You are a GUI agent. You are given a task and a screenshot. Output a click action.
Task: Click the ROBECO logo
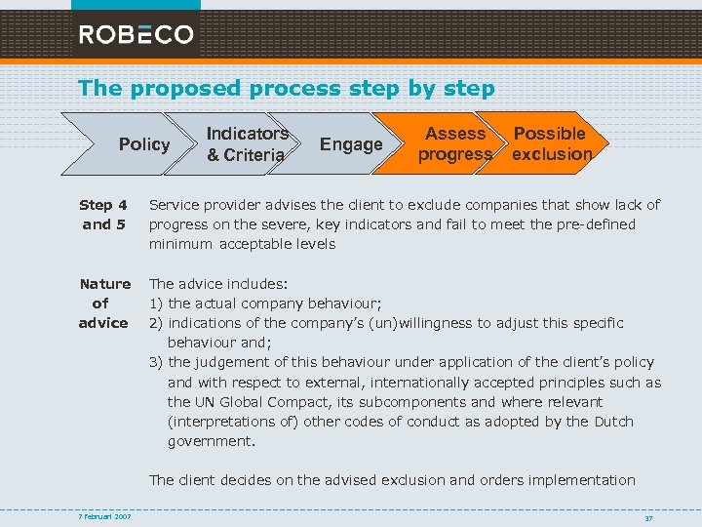coord(136,34)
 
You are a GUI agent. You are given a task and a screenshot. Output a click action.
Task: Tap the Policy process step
coord(144,144)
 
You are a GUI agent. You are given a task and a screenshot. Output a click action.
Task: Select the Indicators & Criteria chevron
coord(247,144)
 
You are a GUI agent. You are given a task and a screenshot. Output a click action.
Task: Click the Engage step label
coord(351,144)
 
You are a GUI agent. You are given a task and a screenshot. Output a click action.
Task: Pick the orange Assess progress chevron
coord(454,144)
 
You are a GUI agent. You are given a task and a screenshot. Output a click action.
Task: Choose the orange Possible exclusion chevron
coord(552,144)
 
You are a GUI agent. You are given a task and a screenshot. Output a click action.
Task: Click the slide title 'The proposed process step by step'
coord(287,88)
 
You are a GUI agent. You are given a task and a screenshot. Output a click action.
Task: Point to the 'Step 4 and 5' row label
coord(103,215)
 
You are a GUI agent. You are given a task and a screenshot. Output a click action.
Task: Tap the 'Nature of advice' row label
coord(104,304)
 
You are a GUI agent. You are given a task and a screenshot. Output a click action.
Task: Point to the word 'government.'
coord(212,441)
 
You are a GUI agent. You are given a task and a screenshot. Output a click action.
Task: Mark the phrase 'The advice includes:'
coord(218,284)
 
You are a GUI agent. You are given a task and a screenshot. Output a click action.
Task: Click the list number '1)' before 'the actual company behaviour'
coord(156,304)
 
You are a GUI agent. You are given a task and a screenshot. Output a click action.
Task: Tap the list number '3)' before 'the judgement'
coord(156,363)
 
